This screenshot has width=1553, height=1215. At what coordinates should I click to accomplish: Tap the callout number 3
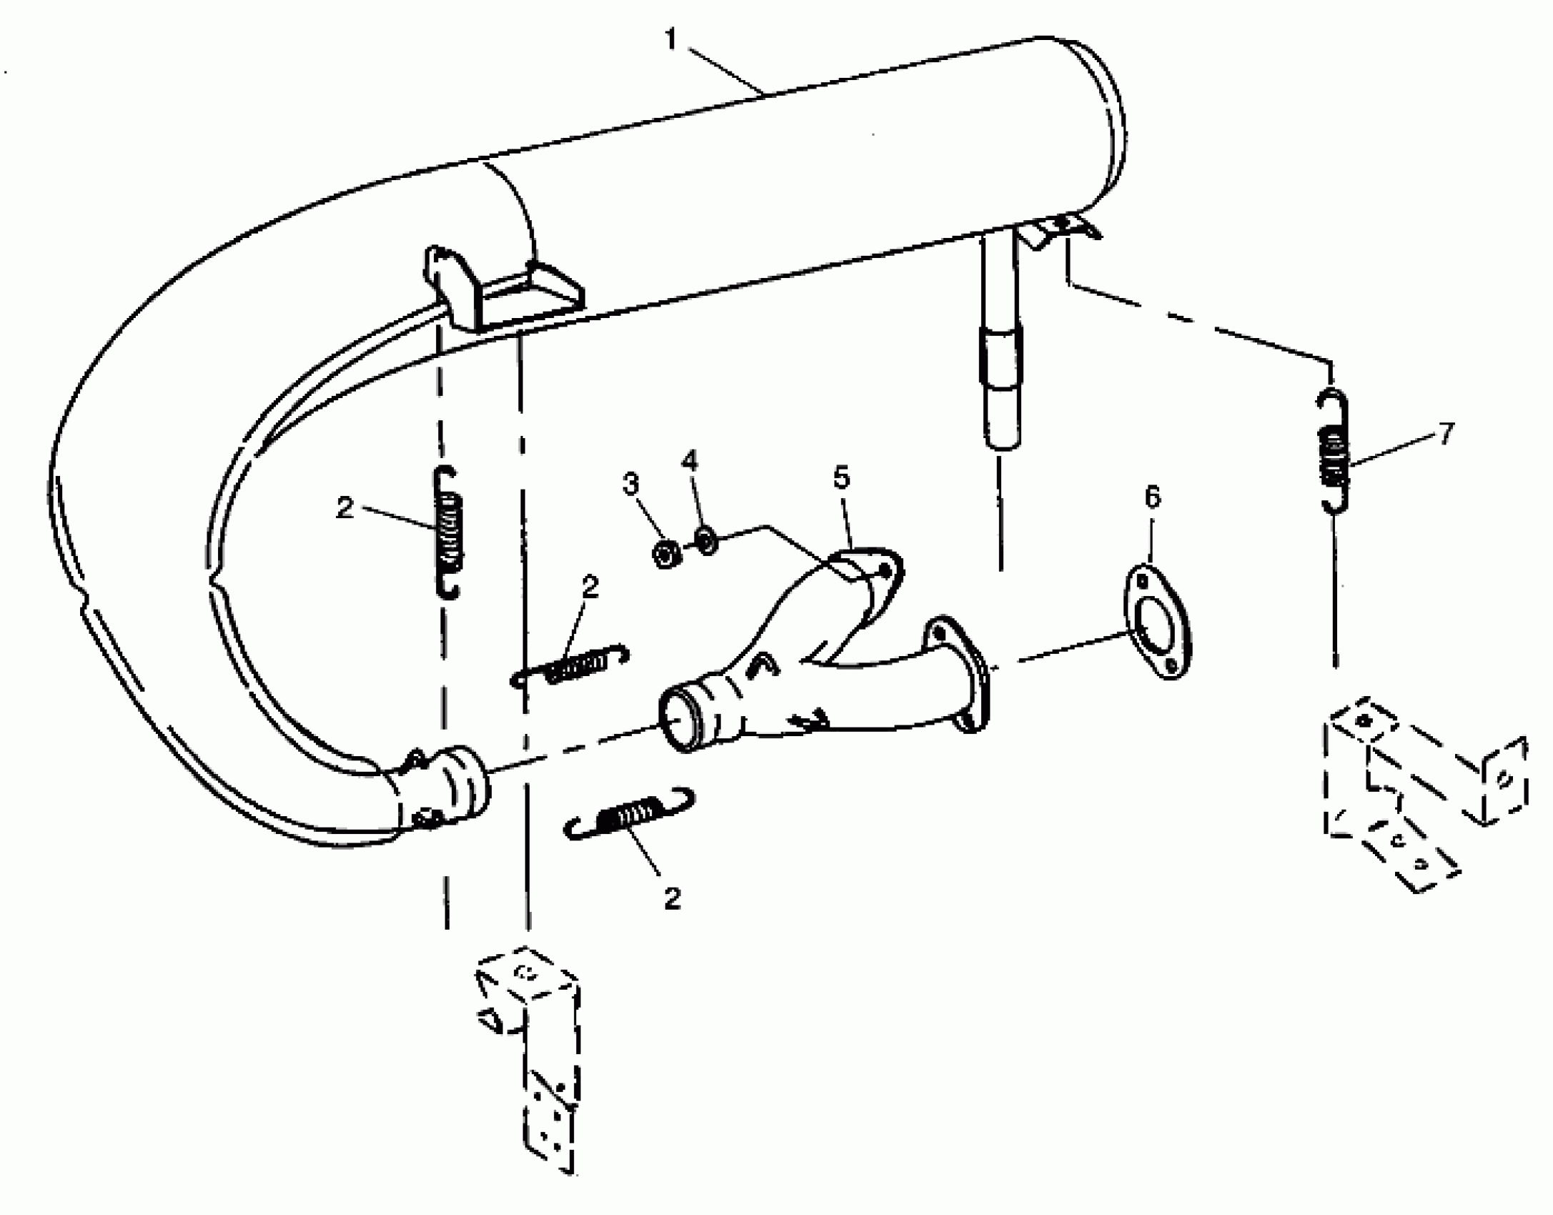630,484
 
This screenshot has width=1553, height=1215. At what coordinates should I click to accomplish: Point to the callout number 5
841,477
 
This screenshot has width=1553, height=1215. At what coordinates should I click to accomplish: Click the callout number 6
1152,497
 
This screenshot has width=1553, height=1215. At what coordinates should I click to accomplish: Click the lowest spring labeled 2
630,815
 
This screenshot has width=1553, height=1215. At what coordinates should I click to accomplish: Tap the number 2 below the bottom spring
672,898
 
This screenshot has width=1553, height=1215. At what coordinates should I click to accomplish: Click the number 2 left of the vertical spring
344,508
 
